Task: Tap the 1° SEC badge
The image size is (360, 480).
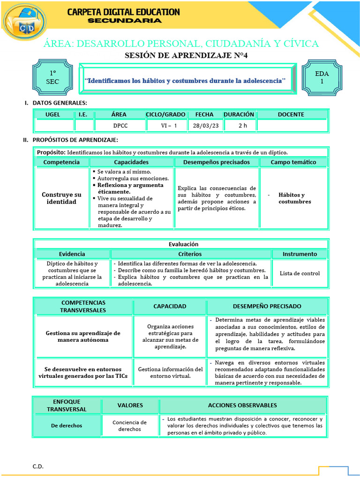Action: (52, 77)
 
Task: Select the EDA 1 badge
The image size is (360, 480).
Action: (322, 77)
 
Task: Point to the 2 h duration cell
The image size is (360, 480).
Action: (242, 126)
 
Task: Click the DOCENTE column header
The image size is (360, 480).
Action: (291, 114)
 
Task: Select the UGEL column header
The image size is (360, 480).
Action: (52, 114)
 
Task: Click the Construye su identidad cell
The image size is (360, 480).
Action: (61, 198)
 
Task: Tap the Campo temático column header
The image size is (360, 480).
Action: (293, 162)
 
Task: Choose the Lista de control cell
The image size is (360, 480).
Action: (300, 273)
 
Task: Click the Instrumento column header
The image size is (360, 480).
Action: (300, 254)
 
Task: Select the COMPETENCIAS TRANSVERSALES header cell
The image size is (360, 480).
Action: (83, 306)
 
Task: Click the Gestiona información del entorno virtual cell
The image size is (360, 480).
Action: (170, 372)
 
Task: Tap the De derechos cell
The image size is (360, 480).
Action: (67, 426)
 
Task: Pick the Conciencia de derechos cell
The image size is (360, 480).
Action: (129, 426)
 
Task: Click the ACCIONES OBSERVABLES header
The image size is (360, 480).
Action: (242, 405)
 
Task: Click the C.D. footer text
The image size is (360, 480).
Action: (38, 466)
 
